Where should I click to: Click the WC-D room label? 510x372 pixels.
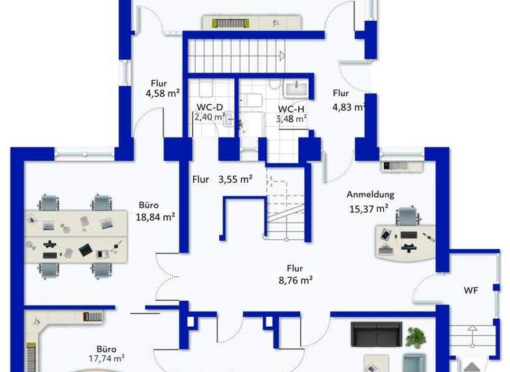point(210,106)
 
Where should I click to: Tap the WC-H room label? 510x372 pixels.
point(292,109)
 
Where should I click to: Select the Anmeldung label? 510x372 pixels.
point(371,195)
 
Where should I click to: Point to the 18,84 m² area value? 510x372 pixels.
point(156,217)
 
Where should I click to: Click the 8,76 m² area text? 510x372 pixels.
point(295,280)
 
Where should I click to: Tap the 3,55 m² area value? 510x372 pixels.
point(236,179)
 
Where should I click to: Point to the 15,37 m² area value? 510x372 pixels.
point(368,208)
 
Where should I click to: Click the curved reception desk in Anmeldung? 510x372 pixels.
point(404,242)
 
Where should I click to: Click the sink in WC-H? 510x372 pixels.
point(295,88)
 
